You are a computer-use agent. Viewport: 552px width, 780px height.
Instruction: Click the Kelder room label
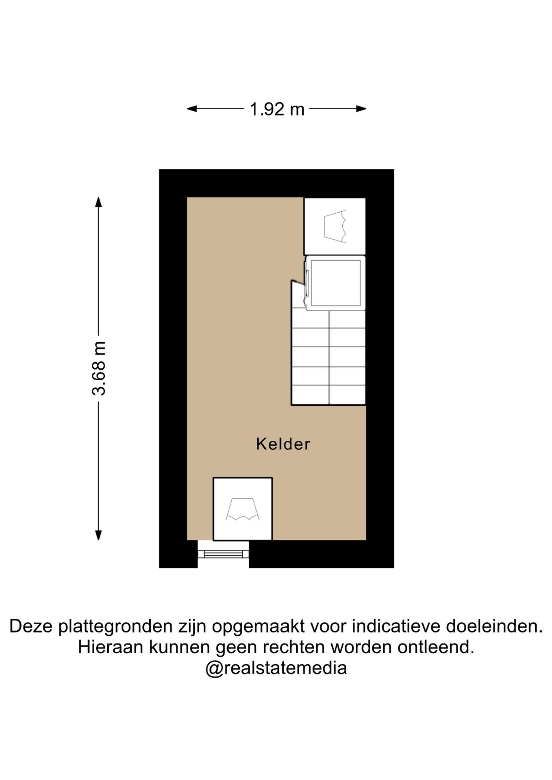click(x=283, y=444)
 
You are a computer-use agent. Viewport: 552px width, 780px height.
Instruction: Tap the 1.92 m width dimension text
click(x=277, y=109)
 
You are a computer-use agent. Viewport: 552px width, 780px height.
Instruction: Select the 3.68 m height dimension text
click(x=99, y=368)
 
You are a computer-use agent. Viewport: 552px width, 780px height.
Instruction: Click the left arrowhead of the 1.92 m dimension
click(x=192, y=108)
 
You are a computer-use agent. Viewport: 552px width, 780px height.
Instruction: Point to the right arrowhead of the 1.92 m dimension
click(x=361, y=108)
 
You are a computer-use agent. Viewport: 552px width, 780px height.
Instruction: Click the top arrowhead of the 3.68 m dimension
click(x=98, y=202)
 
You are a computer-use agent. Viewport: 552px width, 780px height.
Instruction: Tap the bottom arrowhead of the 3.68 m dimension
click(x=98, y=535)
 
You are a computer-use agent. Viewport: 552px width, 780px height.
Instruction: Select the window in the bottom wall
click(x=223, y=554)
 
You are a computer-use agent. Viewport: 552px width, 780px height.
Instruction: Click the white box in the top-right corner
click(x=335, y=226)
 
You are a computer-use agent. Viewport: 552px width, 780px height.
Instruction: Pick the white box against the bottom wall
click(x=243, y=509)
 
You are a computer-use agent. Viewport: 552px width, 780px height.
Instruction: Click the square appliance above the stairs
click(x=335, y=283)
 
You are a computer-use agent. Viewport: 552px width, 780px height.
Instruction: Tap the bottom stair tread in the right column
click(x=347, y=395)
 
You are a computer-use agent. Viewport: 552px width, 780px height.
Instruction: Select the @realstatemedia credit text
click(x=276, y=668)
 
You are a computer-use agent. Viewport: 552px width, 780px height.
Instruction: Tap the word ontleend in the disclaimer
click(x=436, y=647)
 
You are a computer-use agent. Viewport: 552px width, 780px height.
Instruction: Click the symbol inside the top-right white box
click(x=335, y=226)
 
